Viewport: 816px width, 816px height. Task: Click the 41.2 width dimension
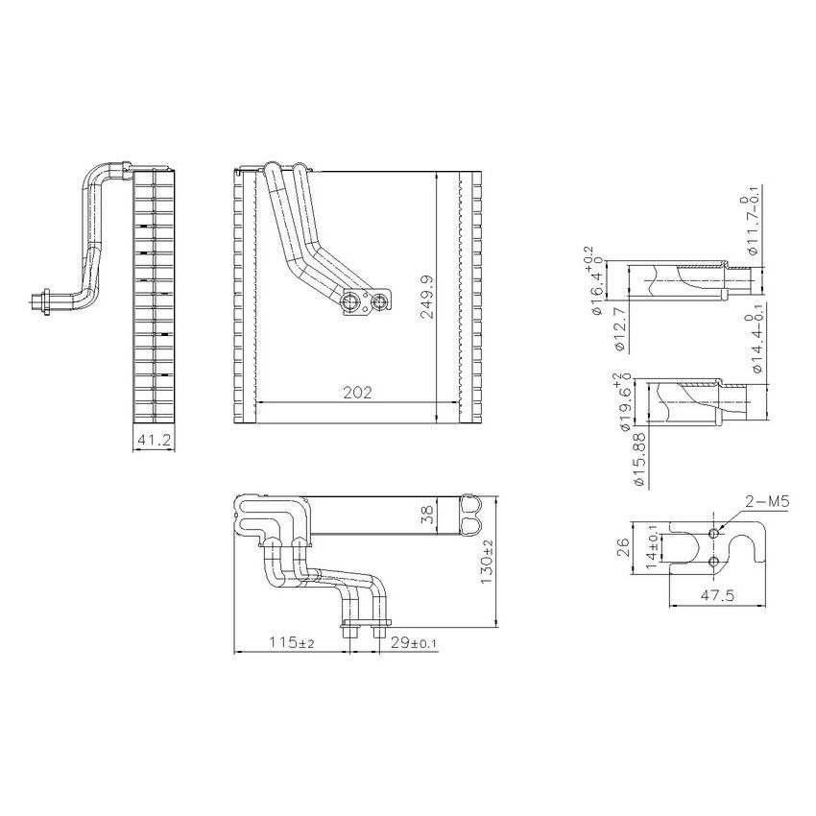click(153, 441)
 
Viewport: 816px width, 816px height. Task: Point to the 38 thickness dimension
click(427, 516)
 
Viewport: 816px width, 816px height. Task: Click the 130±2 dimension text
click(487, 562)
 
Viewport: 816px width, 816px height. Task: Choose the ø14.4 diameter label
click(756, 342)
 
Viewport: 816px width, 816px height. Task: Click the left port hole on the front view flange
click(351, 304)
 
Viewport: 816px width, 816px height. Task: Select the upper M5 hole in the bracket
click(712, 533)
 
